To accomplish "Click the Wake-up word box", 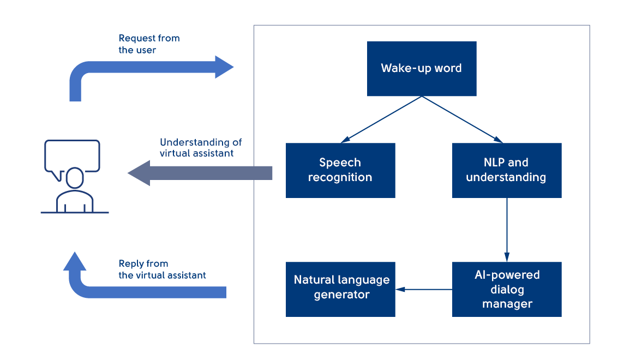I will [x=421, y=69].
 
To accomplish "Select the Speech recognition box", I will [x=340, y=170].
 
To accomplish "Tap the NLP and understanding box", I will [x=506, y=170].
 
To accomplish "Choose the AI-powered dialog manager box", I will [x=506, y=289].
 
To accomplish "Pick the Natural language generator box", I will [x=340, y=289].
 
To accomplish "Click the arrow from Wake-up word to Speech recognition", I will [x=382, y=119].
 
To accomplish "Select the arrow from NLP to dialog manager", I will [x=507, y=229].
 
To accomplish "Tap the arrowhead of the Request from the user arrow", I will [x=224, y=67].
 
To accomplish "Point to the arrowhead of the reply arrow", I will [x=75, y=261].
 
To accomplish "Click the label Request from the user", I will [x=149, y=44].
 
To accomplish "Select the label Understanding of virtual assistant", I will [x=201, y=148].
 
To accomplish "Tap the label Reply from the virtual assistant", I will [x=162, y=269].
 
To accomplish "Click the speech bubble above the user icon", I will [x=72, y=155].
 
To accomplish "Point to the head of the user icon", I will [x=75, y=177].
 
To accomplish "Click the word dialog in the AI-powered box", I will [x=507, y=290].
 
